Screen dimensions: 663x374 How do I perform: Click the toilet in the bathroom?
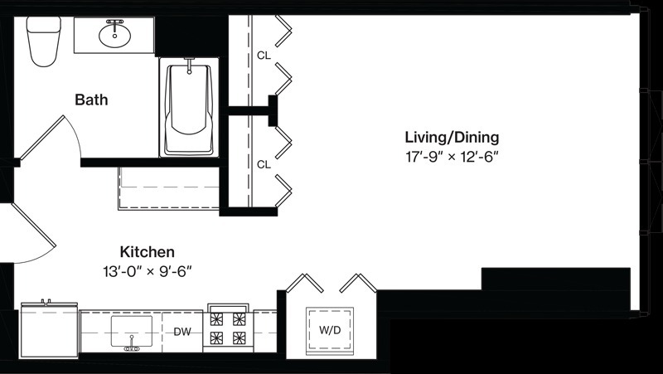[x=44, y=41]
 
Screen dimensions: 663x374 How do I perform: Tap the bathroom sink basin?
[x=114, y=36]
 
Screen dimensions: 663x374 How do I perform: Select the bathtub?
[x=189, y=108]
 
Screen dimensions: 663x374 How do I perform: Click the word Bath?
[x=91, y=100]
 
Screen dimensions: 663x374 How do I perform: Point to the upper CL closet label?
[x=264, y=56]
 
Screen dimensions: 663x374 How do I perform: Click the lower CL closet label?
[x=264, y=164]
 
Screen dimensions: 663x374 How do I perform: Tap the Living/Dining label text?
[x=452, y=138]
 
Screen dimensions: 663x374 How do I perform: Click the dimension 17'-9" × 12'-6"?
[x=452, y=157]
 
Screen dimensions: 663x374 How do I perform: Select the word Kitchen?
[x=148, y=252]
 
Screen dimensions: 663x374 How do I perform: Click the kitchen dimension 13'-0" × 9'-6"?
[x=148, y=271]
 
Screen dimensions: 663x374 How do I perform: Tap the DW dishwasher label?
[x=182, y=332]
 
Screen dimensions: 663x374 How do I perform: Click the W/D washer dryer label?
[x=330, y=330]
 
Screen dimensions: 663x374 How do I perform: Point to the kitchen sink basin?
[x=132, y=331]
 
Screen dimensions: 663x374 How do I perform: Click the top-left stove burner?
[x=216, y=319]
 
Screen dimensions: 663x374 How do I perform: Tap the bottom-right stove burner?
[x=239, y=338]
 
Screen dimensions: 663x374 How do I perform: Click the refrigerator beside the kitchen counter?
[x=49, y=331]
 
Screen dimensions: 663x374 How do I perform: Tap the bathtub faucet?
[x=189, y=66]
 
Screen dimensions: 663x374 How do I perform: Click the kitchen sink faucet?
[x=132, y=344]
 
